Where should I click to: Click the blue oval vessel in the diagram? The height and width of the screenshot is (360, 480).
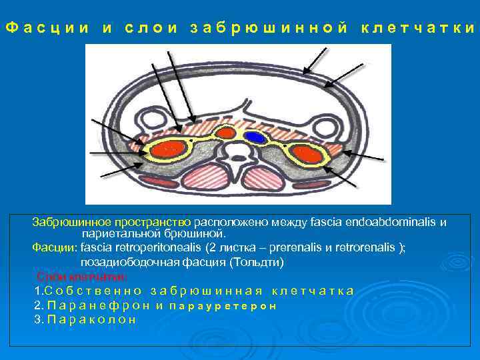coord(254,137)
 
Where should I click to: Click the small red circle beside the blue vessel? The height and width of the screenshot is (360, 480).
coord(227,133)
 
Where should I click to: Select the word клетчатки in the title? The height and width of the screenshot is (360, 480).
coord(418,28)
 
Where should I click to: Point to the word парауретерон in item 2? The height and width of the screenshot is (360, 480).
coord(223,305)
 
